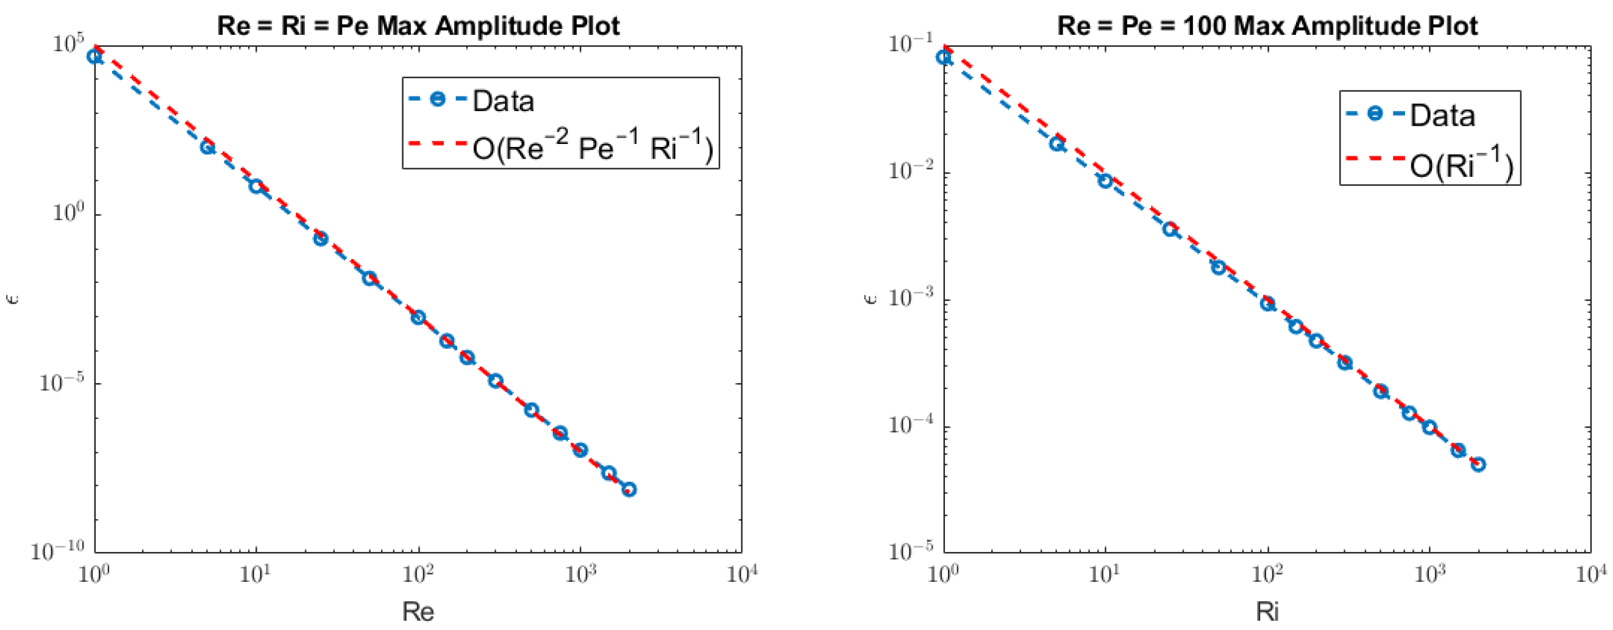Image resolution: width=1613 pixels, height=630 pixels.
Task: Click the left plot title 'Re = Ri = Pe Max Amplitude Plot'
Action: (418, 26)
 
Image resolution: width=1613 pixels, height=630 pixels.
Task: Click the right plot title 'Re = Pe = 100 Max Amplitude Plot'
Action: (1267, 26)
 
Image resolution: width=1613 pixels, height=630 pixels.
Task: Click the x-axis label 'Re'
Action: (418, 611)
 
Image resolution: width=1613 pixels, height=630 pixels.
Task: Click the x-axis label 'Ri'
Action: (1267, 611)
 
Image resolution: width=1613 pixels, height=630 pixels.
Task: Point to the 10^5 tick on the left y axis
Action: (68, 46)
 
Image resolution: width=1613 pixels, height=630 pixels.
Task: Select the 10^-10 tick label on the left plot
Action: (57, 552)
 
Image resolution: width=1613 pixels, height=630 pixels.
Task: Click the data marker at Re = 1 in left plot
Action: (94, 56)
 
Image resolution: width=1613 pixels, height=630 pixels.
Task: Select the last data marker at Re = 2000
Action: (629, 490)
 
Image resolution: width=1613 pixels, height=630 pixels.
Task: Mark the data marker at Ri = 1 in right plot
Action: (944, 57)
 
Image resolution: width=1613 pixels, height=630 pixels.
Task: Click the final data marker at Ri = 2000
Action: (1478, 465)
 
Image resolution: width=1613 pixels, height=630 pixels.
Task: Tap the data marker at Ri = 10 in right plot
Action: (1105, 181)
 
